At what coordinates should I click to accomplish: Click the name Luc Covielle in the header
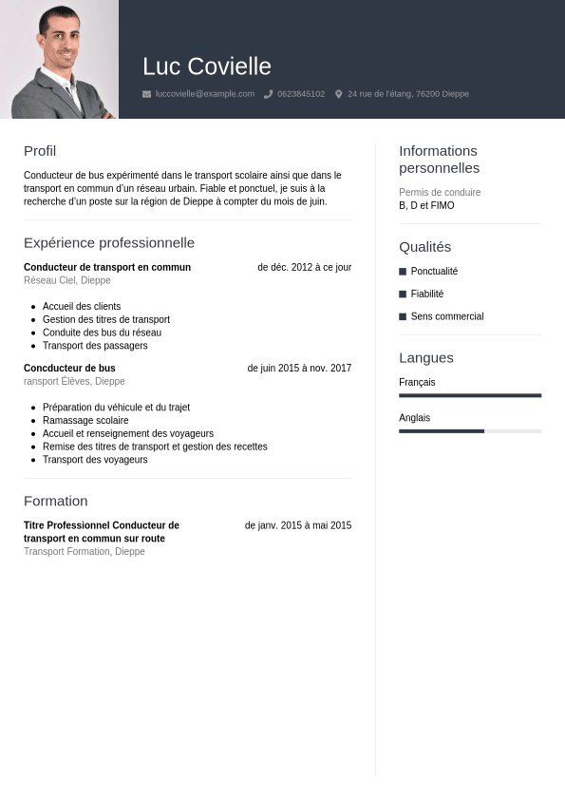pos(207,67)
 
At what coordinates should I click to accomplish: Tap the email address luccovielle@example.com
pos(205,94)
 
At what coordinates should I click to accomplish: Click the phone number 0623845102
pos(301,94)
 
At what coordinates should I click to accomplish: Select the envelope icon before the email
pos(146,94)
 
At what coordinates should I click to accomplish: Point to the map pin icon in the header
pos(339,94)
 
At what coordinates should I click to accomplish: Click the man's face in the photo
pos(58,44)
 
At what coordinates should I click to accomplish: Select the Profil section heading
pos(40,151)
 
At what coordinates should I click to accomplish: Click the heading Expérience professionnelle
pos(109,243)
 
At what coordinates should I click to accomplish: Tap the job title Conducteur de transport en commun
pos(107,267)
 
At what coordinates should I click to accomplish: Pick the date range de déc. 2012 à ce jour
pos(304,267)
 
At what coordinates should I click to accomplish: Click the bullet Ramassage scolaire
pos(85,420)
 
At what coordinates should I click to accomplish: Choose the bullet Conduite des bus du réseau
pos(102,333)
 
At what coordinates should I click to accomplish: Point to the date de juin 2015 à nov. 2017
pos(299,368)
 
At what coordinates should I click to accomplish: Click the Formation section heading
pos(56,502)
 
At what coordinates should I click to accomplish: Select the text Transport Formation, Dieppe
pos(85,552)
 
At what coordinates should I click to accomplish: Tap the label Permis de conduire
pos(440,193)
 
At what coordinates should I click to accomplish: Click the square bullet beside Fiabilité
pos(403,295)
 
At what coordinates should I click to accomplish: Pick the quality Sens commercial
pos(447,316)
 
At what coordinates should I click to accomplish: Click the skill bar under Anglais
pos(470,431)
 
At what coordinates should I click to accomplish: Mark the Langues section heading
pos(426,358)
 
